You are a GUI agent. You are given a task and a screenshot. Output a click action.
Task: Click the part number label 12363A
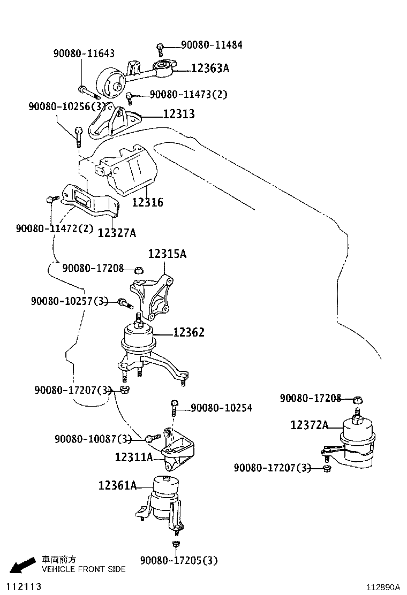click(210, 68)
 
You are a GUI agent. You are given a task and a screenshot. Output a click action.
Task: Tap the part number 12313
click(179, 114)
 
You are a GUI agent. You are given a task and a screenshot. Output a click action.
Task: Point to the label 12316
click(148, 203)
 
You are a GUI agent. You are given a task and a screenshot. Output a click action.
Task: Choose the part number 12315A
click(167, 254)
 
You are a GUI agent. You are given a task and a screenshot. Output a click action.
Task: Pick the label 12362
click(189, 333)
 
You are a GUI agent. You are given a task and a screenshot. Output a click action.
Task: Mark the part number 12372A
click(310, 425)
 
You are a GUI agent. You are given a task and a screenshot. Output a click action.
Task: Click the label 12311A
click(134, 457)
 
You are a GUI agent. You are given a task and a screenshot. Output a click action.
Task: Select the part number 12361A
click(117, 485)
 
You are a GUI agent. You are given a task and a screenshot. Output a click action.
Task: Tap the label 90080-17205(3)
click(179, 560)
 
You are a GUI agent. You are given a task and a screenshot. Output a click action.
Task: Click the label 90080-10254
click(221, 408)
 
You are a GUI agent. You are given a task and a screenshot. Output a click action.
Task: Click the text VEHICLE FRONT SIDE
click(84, 569)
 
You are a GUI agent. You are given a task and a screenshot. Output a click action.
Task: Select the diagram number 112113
click(21, 586)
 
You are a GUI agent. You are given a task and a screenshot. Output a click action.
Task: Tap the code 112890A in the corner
click(383, 587)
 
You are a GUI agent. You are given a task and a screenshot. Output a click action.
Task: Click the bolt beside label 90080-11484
click(160, 49)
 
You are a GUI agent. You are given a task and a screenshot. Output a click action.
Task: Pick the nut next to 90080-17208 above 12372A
click(359, 399)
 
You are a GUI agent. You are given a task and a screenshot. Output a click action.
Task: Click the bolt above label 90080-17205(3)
click(176, 545)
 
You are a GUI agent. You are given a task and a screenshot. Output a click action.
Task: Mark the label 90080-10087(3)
click(93, 439)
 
